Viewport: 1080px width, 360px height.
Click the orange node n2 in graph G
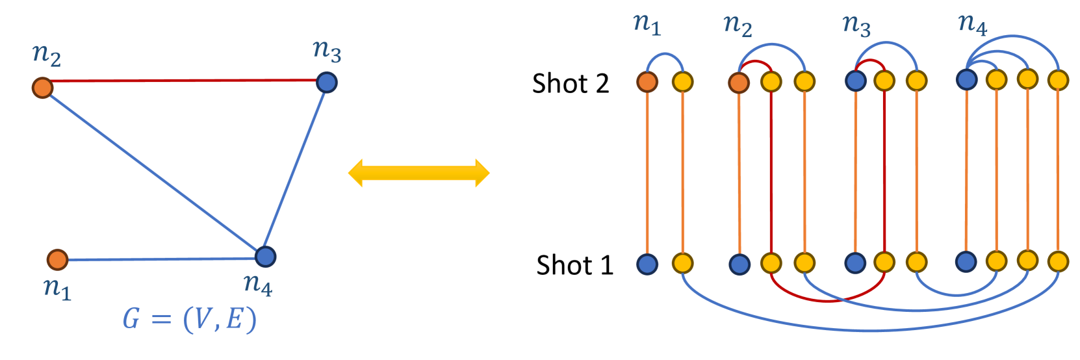[43, 87]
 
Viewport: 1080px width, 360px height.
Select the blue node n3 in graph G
[326, 83]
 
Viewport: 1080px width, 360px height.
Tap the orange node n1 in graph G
[58, 259]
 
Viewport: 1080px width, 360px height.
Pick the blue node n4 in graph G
[265, 257]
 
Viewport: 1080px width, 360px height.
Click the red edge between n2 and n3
[182, 81]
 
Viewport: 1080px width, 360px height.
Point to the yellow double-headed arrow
[418, 173]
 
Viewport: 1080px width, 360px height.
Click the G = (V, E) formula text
[189, 319]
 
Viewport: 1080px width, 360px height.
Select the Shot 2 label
[570, 84]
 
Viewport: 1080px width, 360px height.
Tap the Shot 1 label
[574, 265]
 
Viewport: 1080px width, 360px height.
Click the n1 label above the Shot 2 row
[647, 24]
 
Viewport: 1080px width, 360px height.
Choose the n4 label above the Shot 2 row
[972, 24]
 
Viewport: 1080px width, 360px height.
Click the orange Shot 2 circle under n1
[647, 82]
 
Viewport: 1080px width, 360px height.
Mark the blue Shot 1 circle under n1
[647, 264]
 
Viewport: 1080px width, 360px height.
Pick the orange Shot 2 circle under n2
[739, 83]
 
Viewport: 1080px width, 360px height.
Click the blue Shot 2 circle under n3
[855, 81]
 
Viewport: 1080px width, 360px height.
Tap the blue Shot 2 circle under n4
[967, 79]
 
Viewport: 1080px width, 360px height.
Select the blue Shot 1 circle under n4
[966, 261]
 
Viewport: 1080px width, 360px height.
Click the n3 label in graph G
[326, 51]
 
